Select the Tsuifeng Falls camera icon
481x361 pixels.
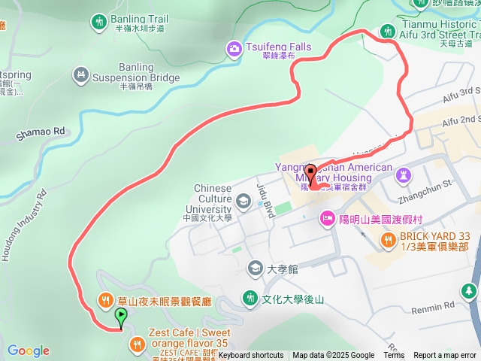pyautogui.click(x=234, y=50)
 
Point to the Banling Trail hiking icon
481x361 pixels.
pyautogui.click(x=98, y=23)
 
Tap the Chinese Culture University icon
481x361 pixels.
pyautogui.click(x=243, y=201)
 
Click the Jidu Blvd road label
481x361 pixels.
pyautogui.click(x=264, y=197)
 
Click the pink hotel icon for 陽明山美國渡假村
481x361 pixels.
pyautogui.click(x=327, y=219)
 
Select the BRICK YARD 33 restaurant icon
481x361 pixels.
pyautogui.click(x=388, y=240)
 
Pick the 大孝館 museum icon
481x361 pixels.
pyautogui.click(x=256, y=268)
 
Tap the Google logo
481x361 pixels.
pyautogui.click(x=29, y=350)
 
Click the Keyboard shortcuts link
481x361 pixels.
pyautogui.click(x=251, y=356)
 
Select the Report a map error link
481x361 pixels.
pyautogui.click(x=446, y=356)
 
